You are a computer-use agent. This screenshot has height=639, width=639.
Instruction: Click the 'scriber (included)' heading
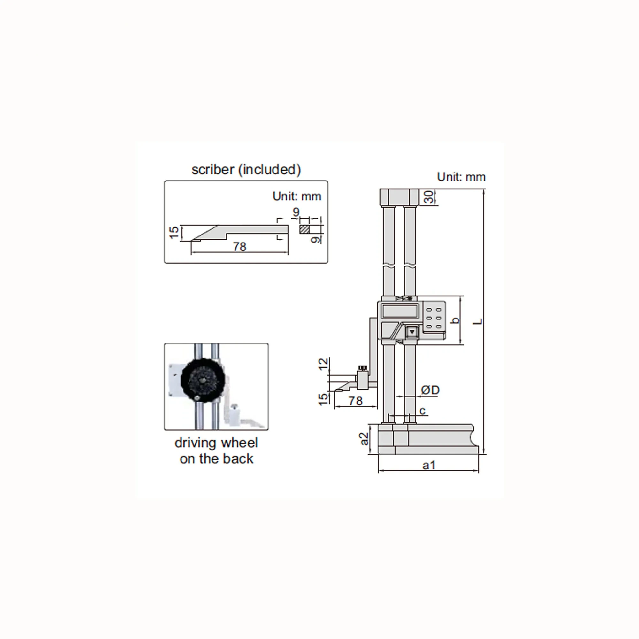pos(246,170)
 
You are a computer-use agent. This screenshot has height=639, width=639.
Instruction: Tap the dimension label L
pos(478,321)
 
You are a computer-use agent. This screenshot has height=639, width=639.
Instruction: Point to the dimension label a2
pos(364,439)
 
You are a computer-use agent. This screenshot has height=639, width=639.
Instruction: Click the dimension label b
pos(455,320)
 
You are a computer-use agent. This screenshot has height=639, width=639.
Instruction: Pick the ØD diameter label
pos(430,390)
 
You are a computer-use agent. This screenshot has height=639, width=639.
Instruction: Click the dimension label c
pos(422,411)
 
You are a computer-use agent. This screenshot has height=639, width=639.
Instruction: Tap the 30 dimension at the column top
pos(429,197)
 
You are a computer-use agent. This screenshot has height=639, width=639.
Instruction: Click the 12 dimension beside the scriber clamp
pos(323,364)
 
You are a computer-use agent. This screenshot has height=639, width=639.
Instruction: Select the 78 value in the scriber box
pos(239,247)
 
